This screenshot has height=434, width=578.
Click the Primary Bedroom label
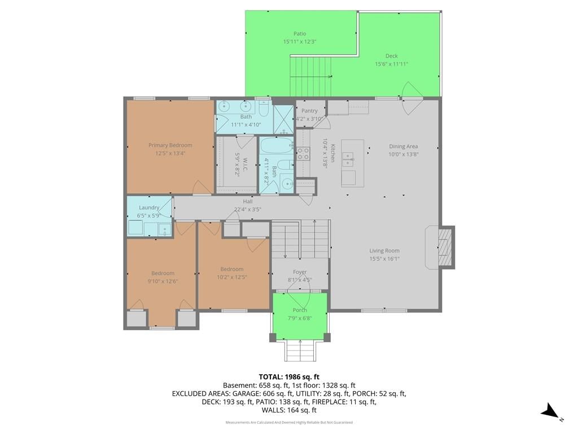(170, 145)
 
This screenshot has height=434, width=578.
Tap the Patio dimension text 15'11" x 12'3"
(300, 42)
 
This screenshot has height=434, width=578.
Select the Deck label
(392, 56)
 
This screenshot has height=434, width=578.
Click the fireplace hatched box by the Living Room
(445, 247)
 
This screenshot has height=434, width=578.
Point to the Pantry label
(309, 110)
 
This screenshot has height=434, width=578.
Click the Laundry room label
(149, 207)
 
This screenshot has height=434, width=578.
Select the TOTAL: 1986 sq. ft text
(289, 377)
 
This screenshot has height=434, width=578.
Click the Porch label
(300, 310)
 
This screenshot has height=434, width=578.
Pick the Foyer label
(300, 272)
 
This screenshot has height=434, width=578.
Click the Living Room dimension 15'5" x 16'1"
(384, 259)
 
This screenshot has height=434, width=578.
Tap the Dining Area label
(403, 146)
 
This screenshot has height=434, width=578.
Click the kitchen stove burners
(303, 154)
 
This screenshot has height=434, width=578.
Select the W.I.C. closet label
(245, 164)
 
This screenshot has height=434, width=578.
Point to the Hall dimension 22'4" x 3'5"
(248, 210)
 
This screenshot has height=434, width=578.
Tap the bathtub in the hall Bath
(277, 145)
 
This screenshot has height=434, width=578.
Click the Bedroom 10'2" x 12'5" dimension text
(232, 277)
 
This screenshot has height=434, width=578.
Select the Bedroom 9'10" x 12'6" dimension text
(163, 281)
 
